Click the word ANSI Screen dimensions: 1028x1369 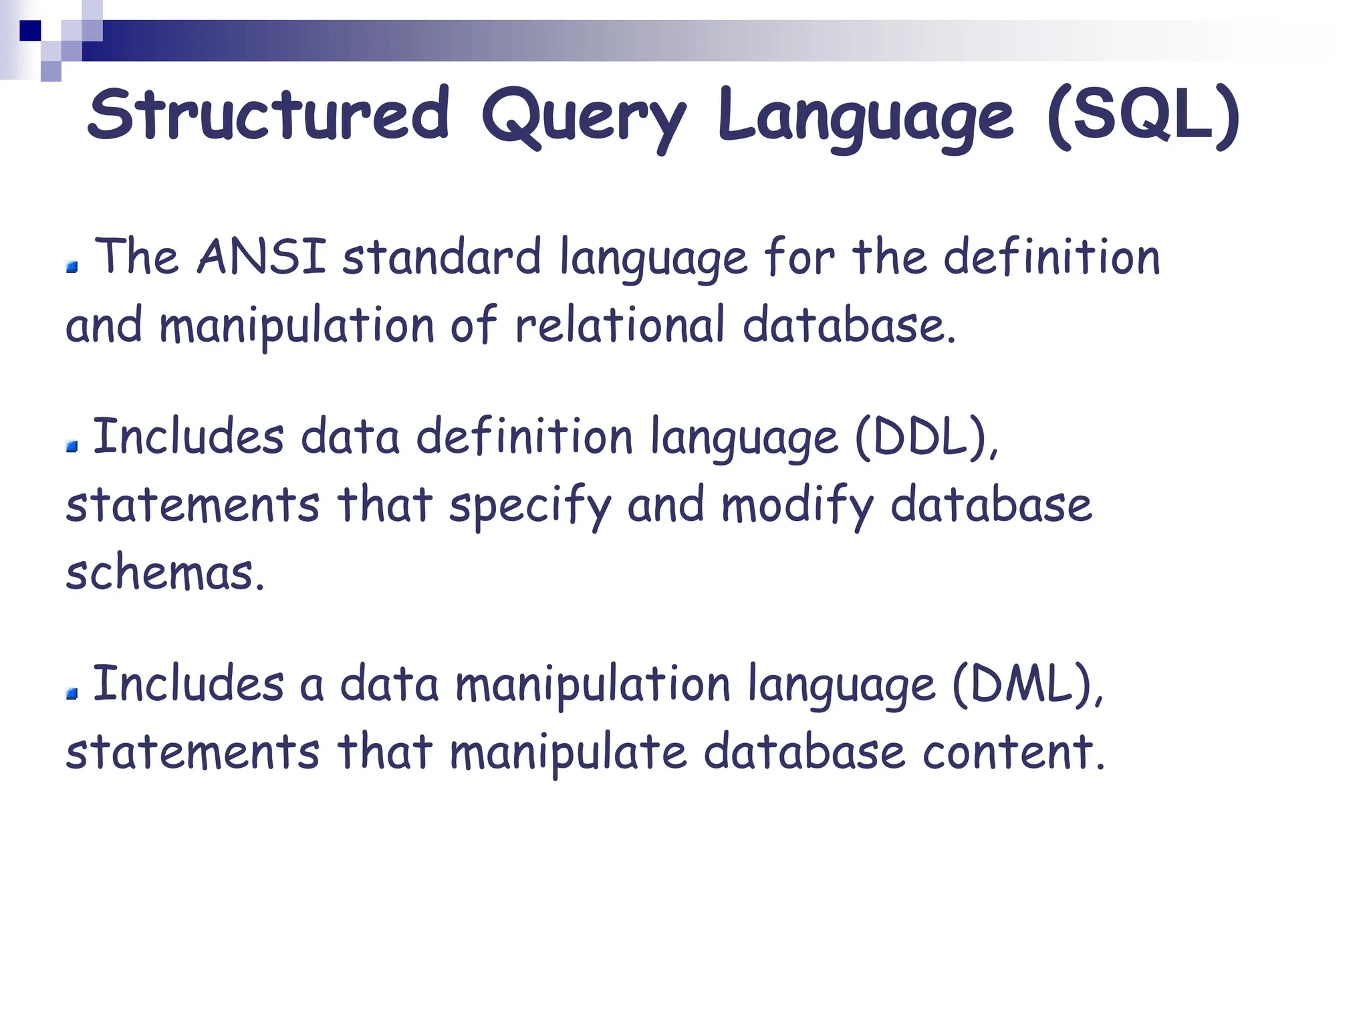coord(261,256)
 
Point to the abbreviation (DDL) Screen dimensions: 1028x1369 coord(925,437)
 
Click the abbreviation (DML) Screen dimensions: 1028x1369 coord(1027,684)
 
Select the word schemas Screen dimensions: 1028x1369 coord(164,573)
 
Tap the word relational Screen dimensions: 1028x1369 coord(620,326)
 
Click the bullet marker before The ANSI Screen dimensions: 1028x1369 coord(72,268)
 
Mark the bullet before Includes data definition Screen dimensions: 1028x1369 coord(72,446)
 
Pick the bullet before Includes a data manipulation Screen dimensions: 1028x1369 coord(72,694)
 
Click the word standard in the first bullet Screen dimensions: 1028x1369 coord(441,258)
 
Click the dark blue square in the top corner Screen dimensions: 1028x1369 coord(30,30)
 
